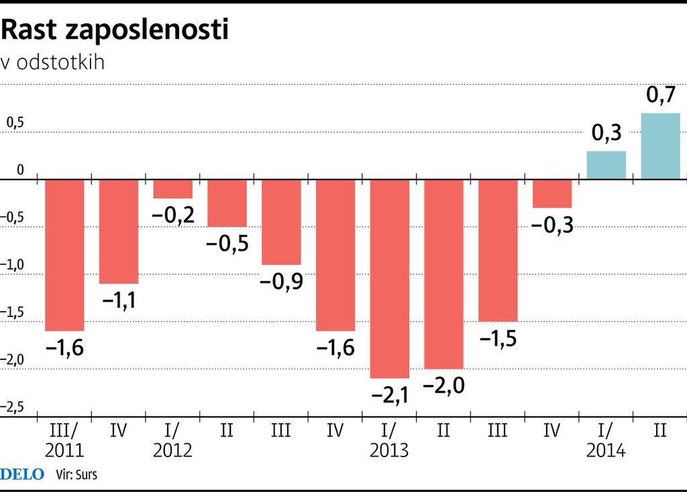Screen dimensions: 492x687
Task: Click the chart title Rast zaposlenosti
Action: [115, 29]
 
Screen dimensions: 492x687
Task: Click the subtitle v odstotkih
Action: [53, 62]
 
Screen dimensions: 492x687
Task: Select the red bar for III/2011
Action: [64, 255]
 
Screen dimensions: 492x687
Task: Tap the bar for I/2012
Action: [173, 190]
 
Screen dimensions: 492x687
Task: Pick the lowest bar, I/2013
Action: [390, 279]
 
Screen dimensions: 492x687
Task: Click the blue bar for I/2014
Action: [606, 166]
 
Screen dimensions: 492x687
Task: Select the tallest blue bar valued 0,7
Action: [661, 147]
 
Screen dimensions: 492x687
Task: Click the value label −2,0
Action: [444, 385]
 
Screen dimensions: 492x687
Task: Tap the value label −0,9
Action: [282, 281]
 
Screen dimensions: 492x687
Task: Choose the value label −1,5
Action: [498, 338]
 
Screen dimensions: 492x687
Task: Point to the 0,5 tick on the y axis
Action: [15, 123]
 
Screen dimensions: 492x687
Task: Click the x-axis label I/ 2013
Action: [389, 440]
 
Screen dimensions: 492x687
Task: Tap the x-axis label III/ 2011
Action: [64, 440]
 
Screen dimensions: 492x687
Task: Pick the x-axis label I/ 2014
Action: [606, 440]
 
